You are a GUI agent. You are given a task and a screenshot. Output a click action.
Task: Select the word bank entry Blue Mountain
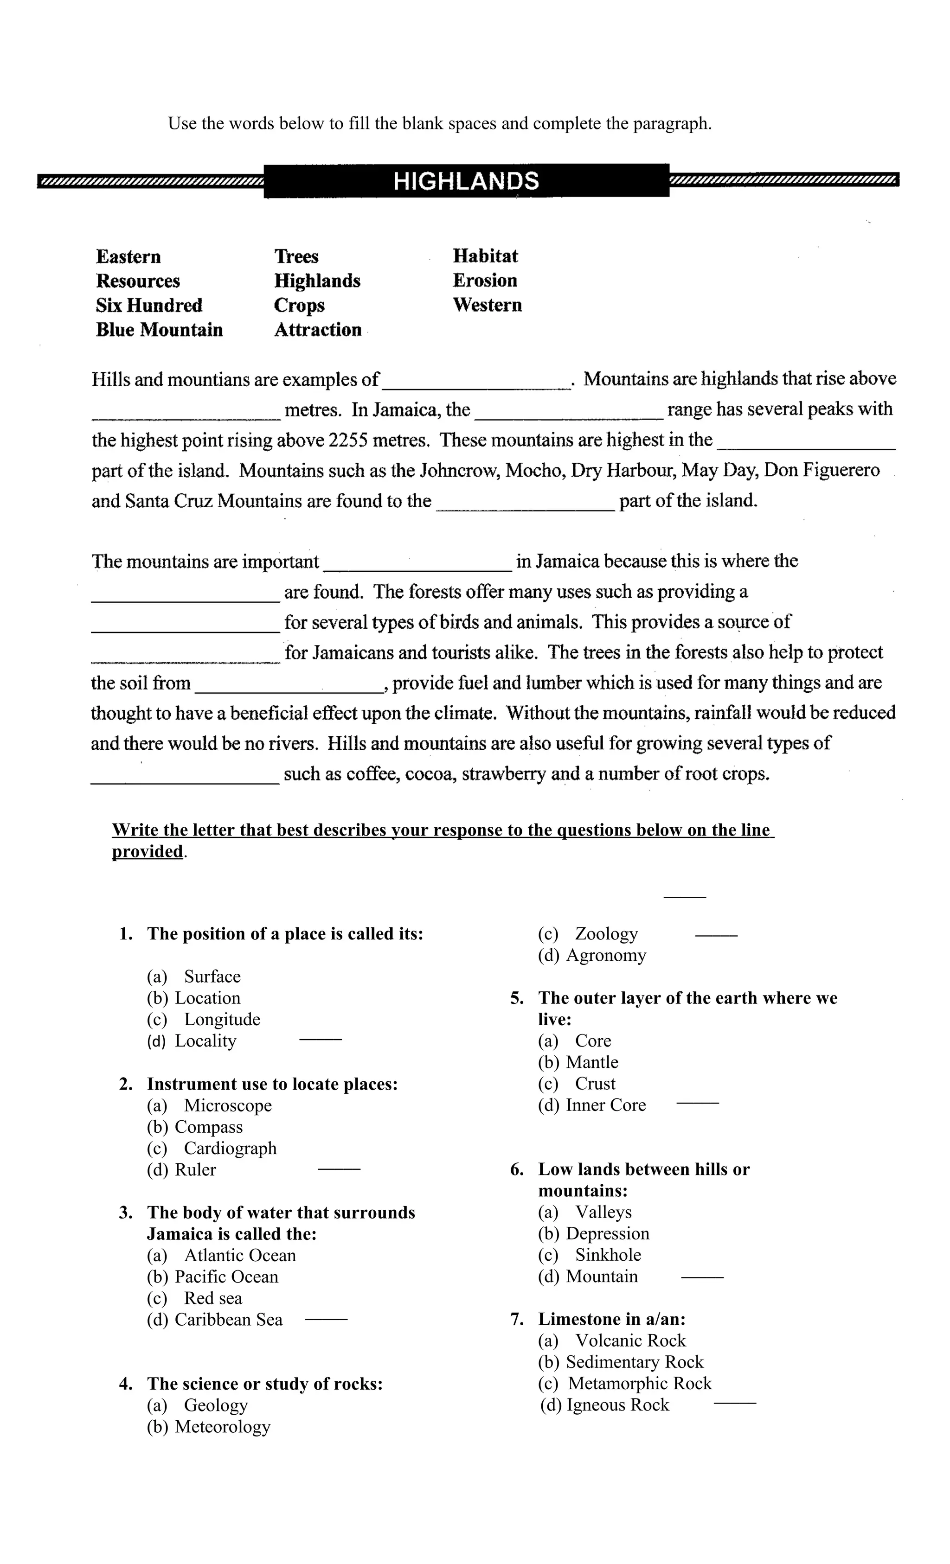[x=160, y=330]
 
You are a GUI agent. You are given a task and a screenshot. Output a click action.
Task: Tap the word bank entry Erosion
[x=485, y=281]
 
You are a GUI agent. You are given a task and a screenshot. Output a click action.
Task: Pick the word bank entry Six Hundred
[x=149, y=305]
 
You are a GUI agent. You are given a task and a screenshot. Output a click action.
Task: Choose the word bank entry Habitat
[x=485, y=256]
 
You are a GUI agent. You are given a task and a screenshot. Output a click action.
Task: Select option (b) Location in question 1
[x=194, y=998]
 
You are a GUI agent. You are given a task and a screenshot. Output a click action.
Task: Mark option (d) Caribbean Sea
[x=215, y=1320]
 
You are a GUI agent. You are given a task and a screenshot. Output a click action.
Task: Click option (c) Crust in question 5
[x=577, y=1084]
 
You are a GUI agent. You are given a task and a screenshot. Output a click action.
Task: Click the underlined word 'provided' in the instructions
[x=148, y=851]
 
